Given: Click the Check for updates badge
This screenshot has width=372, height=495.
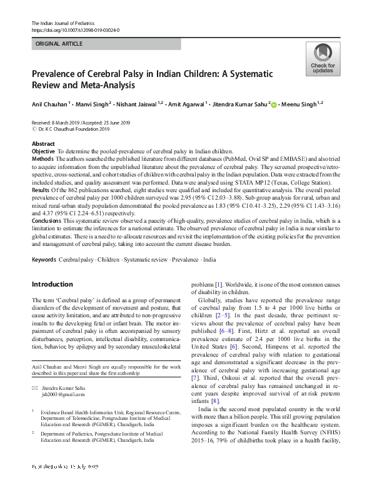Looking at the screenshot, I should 322,60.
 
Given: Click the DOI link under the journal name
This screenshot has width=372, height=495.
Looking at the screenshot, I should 75,30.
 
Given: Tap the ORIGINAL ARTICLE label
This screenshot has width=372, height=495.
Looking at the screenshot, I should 59,45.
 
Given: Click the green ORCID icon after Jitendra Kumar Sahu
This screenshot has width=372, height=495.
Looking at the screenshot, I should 273,105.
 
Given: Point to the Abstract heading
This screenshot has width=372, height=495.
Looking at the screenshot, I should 43,144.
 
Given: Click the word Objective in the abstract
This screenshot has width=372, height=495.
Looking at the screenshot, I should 43,151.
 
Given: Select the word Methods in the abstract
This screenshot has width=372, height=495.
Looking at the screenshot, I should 43,160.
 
